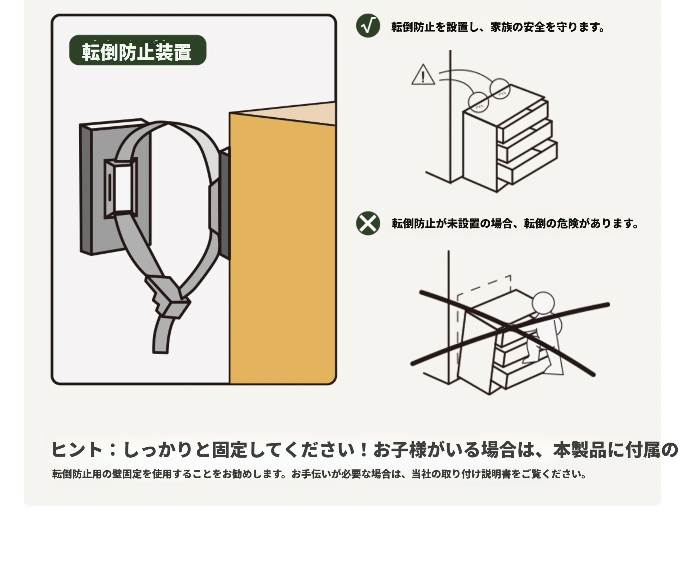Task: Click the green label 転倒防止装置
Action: point(138,50)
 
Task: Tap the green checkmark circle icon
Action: point(368,26)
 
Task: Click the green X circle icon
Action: point(368,223)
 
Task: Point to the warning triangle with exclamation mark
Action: point(423,75)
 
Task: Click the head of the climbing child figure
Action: point(543,303)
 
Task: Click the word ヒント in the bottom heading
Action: point(77,449)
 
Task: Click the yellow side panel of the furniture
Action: point(282,253)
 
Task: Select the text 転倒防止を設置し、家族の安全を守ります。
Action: point(498,27)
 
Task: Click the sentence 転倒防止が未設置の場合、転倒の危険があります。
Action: point(515,223)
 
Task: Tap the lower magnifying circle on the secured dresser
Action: point(478,102)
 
